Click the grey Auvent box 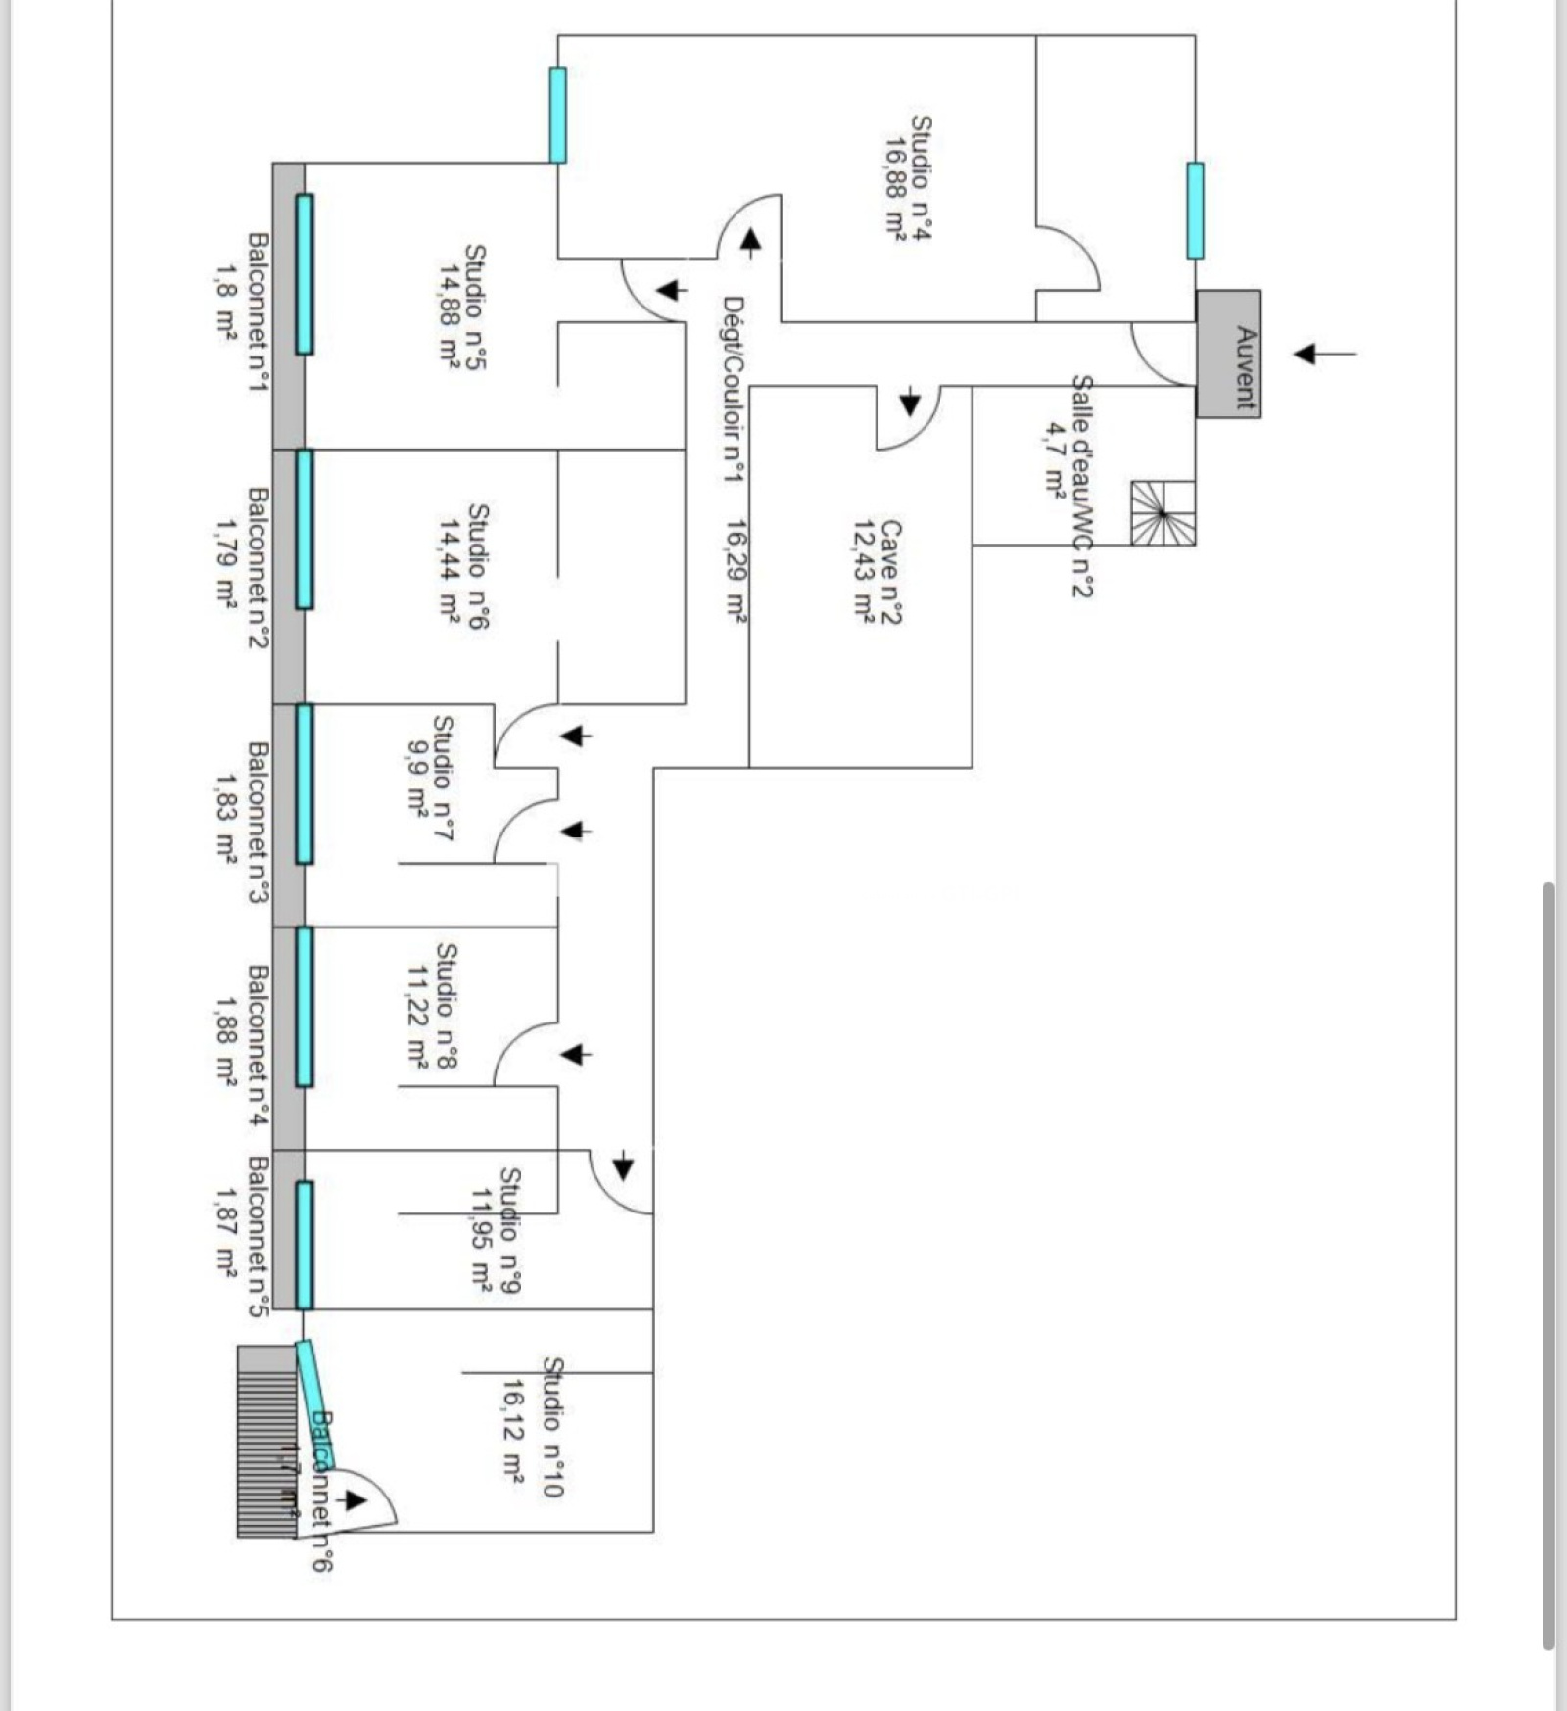point(1228,354)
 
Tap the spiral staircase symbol point(1163,512)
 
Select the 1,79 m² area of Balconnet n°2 point(225,564)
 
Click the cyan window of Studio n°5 point(305,274)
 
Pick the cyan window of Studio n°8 point(305,1007)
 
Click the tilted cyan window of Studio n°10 point(315,1404)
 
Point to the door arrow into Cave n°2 point(911,401)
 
